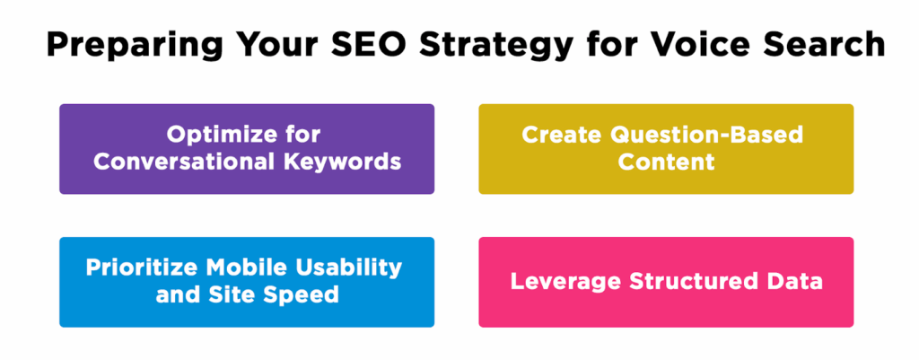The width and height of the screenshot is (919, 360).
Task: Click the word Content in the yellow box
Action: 666,162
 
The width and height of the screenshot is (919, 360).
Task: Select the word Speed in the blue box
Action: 304,295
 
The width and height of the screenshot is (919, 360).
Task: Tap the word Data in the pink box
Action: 793,282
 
